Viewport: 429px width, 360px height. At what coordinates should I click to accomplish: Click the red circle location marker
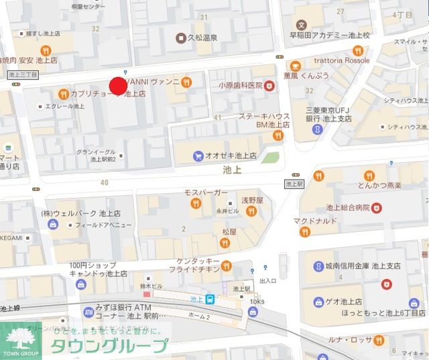click(x=118, y=86)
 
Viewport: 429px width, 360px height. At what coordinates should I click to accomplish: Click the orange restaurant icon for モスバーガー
click(x=195, y=203)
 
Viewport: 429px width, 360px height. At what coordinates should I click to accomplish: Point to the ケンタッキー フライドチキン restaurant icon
click(x=226, y=263)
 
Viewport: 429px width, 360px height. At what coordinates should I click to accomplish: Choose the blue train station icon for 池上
click(x=210, y=299)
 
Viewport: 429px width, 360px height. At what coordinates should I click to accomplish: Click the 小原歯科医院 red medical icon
click(x=269, y=86)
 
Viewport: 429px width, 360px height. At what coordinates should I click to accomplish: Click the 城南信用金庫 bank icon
click(x=316, y=266)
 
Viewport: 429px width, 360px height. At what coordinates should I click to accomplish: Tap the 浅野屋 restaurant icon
click(x=251, y=211)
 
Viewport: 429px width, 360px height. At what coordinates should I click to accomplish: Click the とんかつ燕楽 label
click(x=379, y=185)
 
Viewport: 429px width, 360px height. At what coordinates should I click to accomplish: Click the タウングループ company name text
click(x=111, y=347)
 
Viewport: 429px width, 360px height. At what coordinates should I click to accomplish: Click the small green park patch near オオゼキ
click(x=269, y=158)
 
